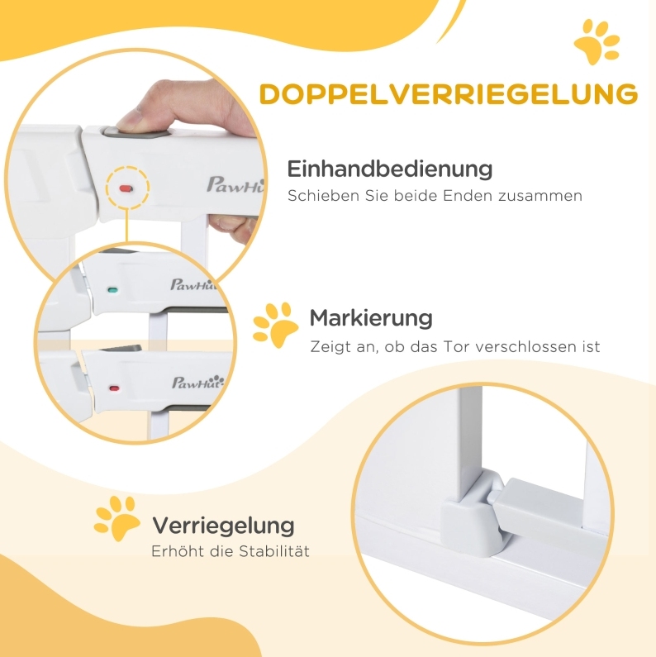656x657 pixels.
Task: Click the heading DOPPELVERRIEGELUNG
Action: [x=449, y=94]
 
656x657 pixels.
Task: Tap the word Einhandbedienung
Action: [x=390, y=169]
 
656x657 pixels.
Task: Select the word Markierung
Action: [x=371, y=318]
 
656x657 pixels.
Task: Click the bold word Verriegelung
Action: [x=223, y=526]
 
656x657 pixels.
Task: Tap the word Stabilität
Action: [x=274, y=550]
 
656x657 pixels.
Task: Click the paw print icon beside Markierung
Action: [x=276, y=325]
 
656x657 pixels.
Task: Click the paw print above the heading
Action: [x=597, y=42]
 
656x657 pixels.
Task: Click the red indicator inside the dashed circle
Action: [x=126, y=188]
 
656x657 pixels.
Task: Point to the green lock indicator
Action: [x=112, y=289]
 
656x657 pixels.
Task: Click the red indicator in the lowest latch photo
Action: [x=114, y=388]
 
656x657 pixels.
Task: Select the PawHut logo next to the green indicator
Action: [x=193, y=284]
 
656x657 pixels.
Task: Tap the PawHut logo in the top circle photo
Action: [x=235, y=185]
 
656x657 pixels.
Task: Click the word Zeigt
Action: [x=328, y=347]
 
